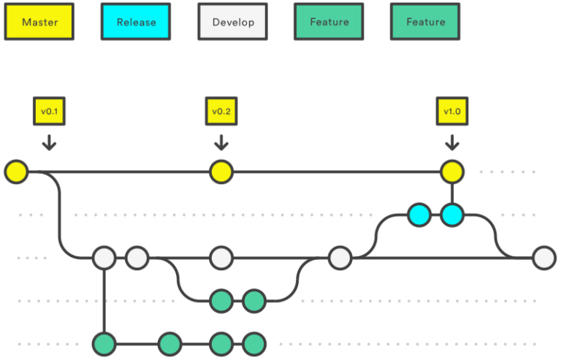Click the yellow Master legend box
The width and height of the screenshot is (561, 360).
pyautogui.click(x=39, y=22)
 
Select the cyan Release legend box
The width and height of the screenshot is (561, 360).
pyautogui.click(x=136, y=22)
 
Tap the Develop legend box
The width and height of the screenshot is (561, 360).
pyautogui.click(x=232, y=22)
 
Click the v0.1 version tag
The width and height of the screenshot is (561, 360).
pyautogui.click(x=49, y=111)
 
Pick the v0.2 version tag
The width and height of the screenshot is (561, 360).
pyautogui.click(x=221, y=111)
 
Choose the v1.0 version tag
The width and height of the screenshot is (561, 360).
pyautogui.click(x=452, y=111)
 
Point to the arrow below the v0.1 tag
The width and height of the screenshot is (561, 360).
pyautogui.click(x=49, y=142)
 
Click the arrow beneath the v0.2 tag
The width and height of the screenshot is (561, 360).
pyautogui.click(x=221, y=142)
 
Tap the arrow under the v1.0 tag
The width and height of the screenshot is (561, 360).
pyautogui.click(x=452, y=142)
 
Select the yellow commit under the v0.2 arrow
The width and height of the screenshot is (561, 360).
pyautogui.click(x=221, y=172)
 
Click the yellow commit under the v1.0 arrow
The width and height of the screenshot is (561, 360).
pyautogui.click(x=452, y=172)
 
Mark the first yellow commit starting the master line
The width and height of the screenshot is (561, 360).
pyautogui.click(x=16, y=172)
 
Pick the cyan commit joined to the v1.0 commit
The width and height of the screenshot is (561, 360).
pyautogui.click(x=452, y=215)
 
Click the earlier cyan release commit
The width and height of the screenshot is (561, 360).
pyautogui.click(x=419, y=215)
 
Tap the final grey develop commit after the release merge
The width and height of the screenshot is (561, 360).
pyautogui.click(x=544, y=258)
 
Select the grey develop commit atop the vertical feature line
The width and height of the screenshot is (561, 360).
pyautogui.click(x=104, y=258)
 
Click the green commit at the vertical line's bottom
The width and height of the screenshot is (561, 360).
pyautogui.click(x=104, y=344)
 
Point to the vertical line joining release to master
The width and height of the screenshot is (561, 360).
pyautogui.click(x=452, y=194)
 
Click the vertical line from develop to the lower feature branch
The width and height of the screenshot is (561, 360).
pyautogui.click(x=104, y=301)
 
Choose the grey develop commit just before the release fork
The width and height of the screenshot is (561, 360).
pyautogui.click(x=340, y=258)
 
